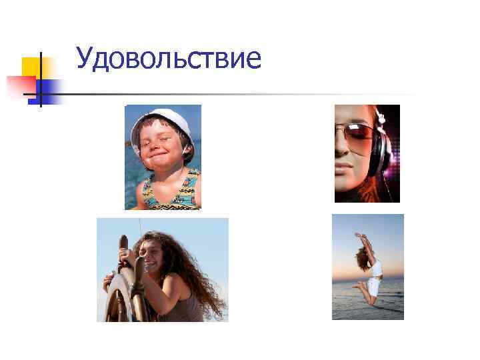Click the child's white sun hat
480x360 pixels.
coord(163,120)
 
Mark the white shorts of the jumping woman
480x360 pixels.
coord(373,286)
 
